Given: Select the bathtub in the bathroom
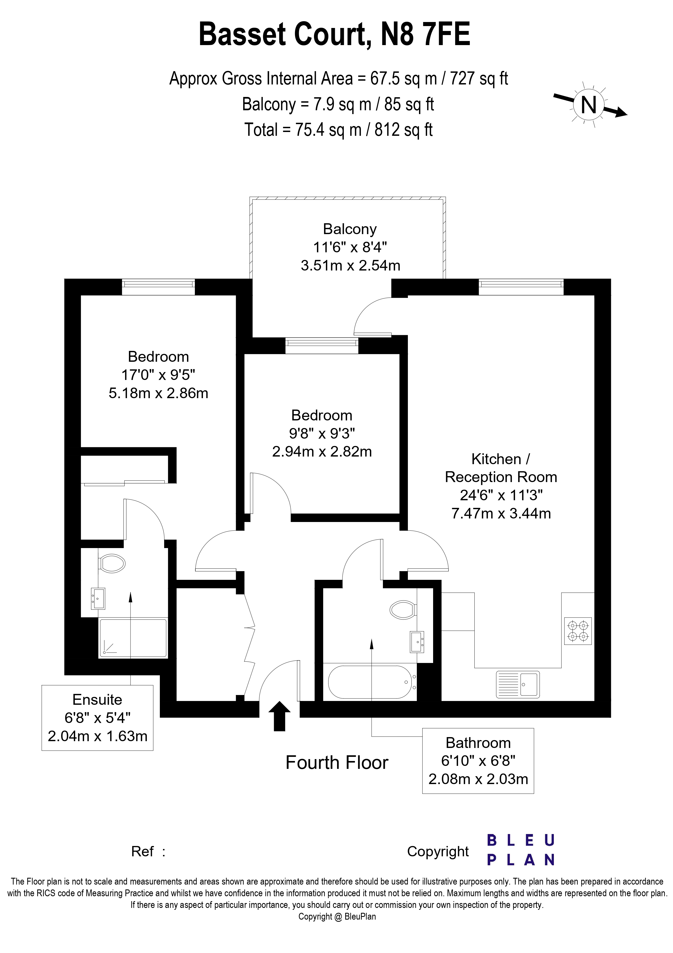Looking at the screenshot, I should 370,683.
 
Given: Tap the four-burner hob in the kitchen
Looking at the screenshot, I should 578,631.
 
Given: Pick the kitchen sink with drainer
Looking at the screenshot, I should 518,684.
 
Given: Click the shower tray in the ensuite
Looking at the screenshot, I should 133,639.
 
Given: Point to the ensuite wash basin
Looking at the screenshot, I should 98,599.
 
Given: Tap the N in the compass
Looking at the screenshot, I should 588,105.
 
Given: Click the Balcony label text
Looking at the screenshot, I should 350,229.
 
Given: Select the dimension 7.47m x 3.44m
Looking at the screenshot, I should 501,514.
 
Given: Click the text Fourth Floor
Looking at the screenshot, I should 337,763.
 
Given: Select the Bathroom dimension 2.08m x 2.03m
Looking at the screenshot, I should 478,779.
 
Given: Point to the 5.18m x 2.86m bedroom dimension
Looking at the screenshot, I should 158,393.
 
